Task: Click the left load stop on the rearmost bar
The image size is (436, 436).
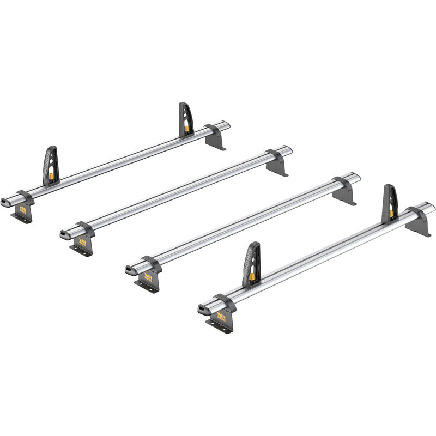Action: (50, 165)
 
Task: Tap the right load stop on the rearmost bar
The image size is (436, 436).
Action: (186, 119)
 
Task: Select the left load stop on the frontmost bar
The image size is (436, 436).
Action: (251, 264)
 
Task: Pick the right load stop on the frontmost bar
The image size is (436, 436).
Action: (390, 203)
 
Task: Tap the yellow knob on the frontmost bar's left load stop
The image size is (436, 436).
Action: (252, 277)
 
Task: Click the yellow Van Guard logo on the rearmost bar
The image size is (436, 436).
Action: (23, 209)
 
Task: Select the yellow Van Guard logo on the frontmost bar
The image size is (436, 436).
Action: (222, 316)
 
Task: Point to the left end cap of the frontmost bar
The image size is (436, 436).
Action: (203, 309)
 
